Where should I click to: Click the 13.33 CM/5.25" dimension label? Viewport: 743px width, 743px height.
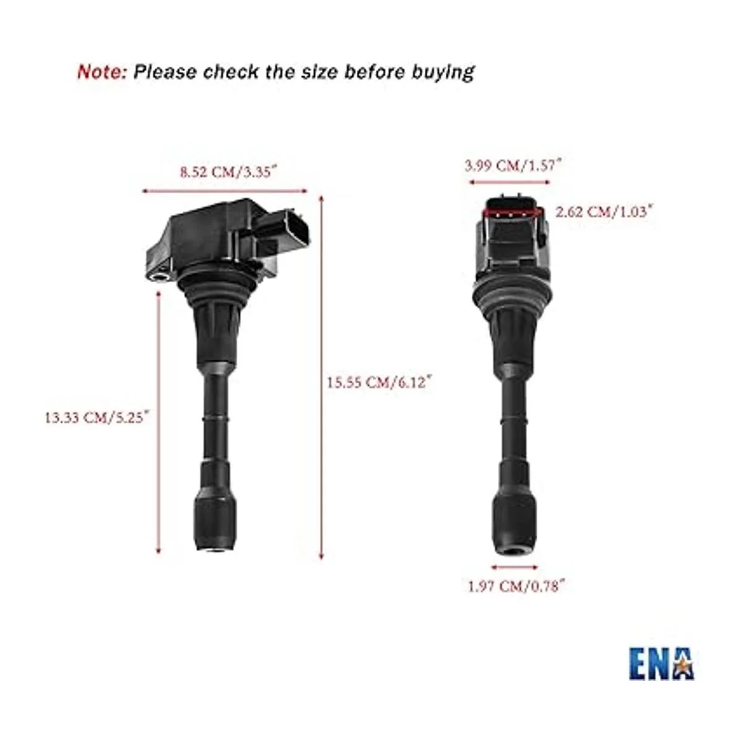tap(98, 417)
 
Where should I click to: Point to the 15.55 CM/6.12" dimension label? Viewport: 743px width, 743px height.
tap(379, 383)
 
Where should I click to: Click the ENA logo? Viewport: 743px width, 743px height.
tap(661, 663)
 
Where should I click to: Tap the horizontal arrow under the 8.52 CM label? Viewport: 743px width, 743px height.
tap(225, 191)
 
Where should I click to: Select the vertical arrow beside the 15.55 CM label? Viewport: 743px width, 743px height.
tap(321, 378)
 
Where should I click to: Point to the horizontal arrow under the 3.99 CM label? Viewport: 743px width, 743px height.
tap(510, 183)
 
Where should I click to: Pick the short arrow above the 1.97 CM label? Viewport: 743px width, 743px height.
tap(514, 567)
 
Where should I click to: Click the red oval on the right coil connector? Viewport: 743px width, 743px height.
tap(511, 212)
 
